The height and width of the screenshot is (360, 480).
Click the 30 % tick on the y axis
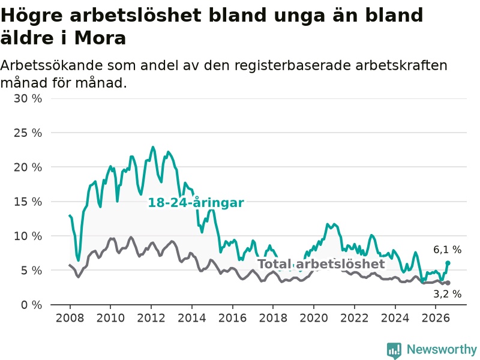pos(28,98)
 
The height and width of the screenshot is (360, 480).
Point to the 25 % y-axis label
pos(28,133)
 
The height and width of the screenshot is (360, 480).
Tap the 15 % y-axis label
pos(28,202)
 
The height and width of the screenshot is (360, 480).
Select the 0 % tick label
pos(31,305)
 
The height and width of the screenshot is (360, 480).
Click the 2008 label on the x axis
pos(70,318)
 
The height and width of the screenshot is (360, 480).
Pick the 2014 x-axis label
pos(192,318)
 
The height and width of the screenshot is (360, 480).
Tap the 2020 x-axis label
pos(314,318)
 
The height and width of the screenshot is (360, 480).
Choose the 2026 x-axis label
pos(436,318)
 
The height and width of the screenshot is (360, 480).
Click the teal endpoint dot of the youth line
pos(448,263)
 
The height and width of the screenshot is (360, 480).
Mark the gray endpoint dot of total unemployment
pos(448,283)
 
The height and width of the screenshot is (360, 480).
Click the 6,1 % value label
pos(447,250)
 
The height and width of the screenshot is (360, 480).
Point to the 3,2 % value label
pos(447,294)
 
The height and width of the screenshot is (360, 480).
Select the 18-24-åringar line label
pos(196,203)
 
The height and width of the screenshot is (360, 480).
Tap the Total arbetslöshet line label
pos(321,264)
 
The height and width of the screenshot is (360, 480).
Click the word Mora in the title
pos(100,38)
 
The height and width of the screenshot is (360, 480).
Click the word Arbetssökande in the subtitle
pos(52,65)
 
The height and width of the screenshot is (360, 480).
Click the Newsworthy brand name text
pos(442,349)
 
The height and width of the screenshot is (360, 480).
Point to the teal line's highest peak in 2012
pos(153,147)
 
